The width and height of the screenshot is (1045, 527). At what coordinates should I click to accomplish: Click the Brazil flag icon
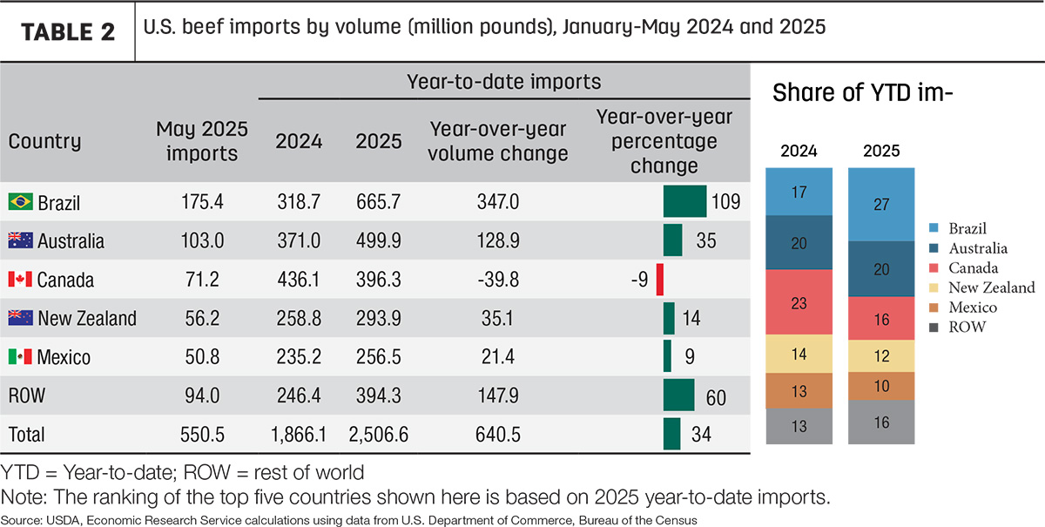point(21,201)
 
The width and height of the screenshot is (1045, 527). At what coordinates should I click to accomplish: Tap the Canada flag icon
point(21,279)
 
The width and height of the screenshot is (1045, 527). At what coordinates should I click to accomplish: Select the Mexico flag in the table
point(21,356)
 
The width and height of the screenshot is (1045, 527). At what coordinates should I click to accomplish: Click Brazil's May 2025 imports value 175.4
point(202,201)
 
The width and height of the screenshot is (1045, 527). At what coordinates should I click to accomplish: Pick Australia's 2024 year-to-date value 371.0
point(299,241)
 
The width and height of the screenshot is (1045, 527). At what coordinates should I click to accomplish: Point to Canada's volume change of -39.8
point(498,279)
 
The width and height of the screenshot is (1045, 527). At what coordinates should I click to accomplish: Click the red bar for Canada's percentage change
point(660,279)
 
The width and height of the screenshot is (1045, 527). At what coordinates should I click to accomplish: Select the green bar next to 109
point(684,201)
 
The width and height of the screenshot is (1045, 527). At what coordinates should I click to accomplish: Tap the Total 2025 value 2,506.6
point(378,435)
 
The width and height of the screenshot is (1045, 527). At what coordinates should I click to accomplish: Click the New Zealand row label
point(87,318)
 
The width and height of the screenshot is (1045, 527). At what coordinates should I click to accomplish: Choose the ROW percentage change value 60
point(716,398)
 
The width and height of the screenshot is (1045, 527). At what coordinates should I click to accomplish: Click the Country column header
point(44,141)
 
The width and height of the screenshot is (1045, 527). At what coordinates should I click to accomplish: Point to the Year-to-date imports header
point(504,82)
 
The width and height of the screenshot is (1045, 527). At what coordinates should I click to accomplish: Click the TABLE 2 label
point(68,32)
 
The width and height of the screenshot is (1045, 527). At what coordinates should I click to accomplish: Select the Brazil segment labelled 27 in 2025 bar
point(881,205)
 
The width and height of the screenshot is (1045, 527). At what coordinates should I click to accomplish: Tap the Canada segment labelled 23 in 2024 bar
point(799,302)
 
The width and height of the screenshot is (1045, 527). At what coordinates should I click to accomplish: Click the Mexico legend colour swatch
point(934,307)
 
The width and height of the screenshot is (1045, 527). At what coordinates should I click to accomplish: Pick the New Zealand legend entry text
point(992,287)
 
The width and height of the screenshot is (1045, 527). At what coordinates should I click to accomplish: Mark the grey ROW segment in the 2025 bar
point(881,422)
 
